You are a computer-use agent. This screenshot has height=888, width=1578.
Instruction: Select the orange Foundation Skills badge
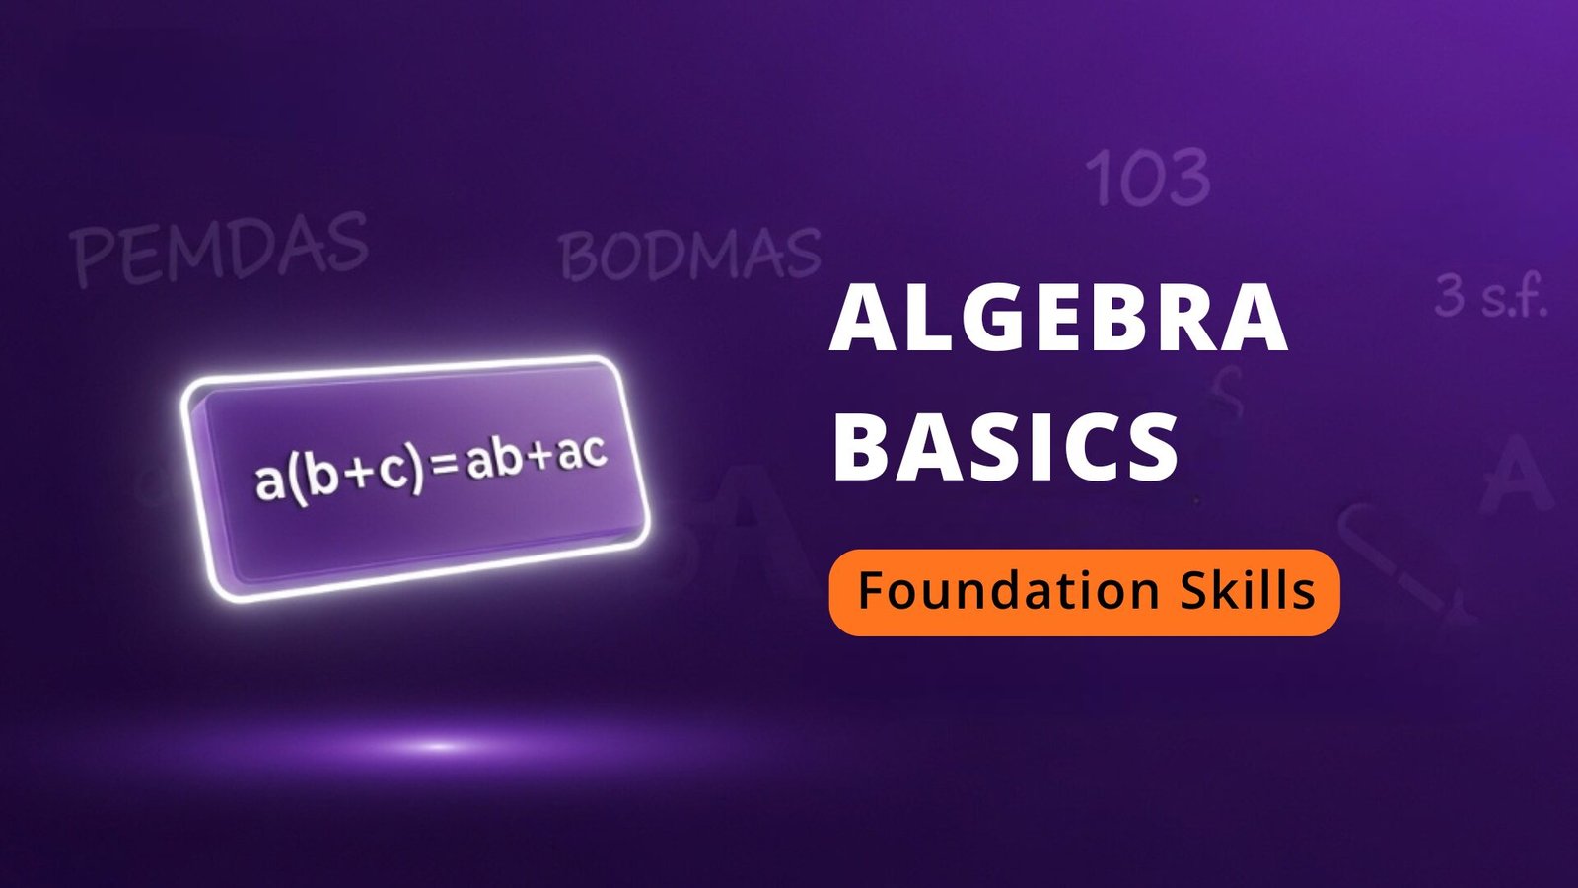coord(1084,592)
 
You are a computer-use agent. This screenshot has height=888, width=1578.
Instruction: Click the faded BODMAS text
coord(689,254)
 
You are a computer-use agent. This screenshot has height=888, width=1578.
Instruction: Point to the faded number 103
coord(1147,179)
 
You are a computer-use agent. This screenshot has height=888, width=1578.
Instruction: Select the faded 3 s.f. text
coord(1489,296)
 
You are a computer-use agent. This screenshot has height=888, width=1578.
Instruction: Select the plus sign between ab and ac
coord(539,460)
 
